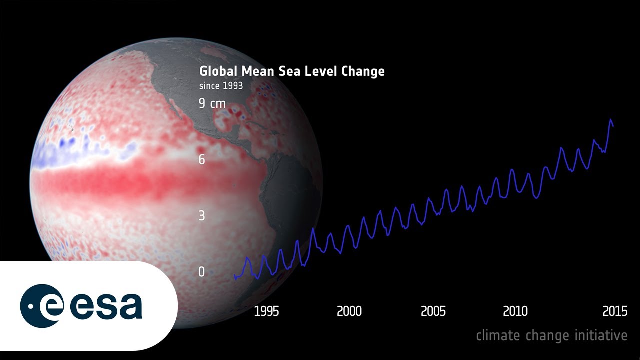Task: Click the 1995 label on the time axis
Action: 266,311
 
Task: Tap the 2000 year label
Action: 349,311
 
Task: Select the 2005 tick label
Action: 433,311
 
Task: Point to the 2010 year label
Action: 515,311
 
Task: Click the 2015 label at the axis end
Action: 615,311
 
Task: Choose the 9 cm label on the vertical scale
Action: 212,104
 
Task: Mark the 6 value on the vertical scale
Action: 202,159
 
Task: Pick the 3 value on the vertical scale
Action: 202,216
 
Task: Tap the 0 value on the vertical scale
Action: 202,272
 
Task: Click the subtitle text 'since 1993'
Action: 221,86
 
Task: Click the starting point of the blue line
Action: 234,276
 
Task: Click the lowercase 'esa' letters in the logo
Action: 106,306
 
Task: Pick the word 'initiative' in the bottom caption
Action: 600,335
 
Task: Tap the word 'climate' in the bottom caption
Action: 498,335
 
